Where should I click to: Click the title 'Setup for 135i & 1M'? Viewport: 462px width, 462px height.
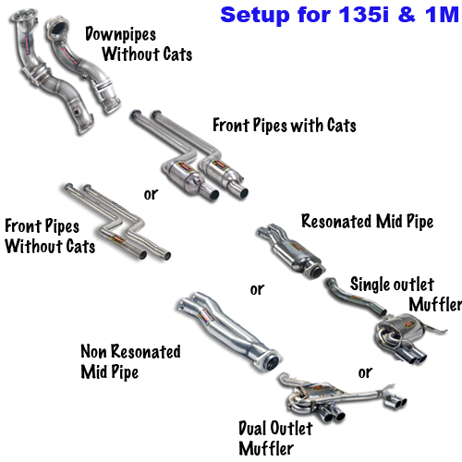[x=340, y=15]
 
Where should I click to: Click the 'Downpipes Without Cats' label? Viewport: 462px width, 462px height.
[x=139, y=44]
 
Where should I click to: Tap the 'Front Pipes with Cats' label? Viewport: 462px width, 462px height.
[x=285, y=126]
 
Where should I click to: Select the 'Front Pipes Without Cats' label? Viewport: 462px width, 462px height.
[x=50, y=236]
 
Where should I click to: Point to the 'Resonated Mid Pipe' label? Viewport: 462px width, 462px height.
[x=367, y=222]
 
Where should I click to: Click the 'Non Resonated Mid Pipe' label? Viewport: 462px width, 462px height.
[x=130, y=361]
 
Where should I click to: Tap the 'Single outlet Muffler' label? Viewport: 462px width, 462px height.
[x=406, y=294]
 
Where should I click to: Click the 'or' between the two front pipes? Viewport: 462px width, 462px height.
[x=151, y=194]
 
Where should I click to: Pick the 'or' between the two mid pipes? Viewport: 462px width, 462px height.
[x=257, y=289]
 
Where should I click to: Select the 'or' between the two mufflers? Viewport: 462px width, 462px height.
[x=365, y=372]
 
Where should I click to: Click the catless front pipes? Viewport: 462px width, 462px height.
[x=118, y=223]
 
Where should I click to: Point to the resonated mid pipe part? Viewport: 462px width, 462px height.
[x=291, y=251]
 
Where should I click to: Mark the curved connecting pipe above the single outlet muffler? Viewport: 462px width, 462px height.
[x=354, y=298]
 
